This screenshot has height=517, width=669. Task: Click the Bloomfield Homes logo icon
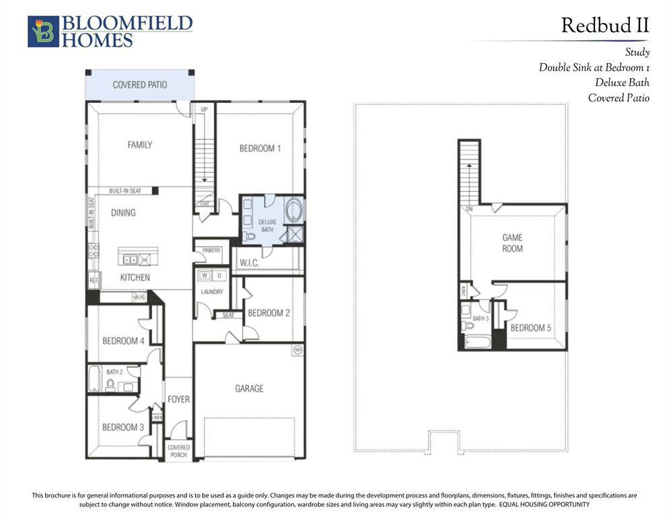[x=43, y=32]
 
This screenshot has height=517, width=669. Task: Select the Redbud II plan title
[x=604, y=26]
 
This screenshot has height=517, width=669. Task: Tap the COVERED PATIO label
[x=140, y=85]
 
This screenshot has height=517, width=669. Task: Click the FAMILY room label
[x=140, y=145]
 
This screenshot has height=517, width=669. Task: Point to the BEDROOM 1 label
[x=260, y=148]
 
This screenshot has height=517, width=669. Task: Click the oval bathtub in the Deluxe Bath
[x=294, y=210]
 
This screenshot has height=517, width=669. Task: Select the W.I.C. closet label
[x=249, y=263]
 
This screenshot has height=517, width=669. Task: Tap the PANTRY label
[x=212, y=250]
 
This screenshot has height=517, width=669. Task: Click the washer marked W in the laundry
[x=205, y=275]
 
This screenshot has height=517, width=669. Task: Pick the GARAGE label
[x=249, y=388]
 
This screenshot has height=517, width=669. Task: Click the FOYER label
[x=178, y=399]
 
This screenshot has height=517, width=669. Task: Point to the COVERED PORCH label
[x=178, y=451]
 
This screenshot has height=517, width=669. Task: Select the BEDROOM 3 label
[x=123, y=427]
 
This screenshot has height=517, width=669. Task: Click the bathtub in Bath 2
[x=94, y=379]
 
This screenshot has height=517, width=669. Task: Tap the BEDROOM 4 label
[x=123, y=341]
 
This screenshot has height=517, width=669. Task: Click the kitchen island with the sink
[x=138, y=257]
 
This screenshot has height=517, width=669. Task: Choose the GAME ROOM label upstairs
[x=512, y=243]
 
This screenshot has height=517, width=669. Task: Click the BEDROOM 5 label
[x=530, y=328]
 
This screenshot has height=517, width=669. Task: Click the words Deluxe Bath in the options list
[x=622, y=83]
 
